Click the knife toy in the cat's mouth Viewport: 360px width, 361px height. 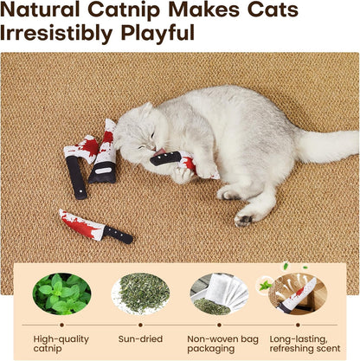click(178, 161)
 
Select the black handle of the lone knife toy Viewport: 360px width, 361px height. click(119, 234)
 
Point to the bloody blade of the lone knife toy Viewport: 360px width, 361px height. click(81, 224)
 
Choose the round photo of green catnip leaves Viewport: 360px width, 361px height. click(61, 293)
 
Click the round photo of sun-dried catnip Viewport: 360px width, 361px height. click(140, 293)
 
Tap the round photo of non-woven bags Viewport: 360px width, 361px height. click(219, 293)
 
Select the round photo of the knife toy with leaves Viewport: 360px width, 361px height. click(297, 293)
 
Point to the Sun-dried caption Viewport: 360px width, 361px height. click(140, 340)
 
